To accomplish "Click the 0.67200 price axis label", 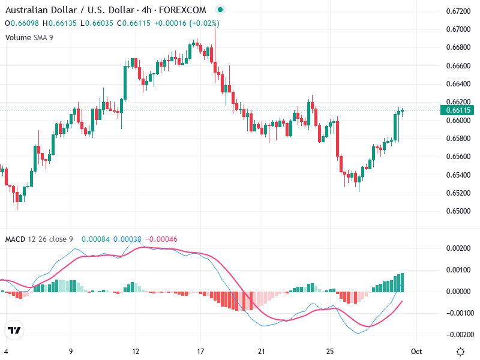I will point(457,11).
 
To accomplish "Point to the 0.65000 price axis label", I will point(457,211).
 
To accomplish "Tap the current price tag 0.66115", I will point(457,110).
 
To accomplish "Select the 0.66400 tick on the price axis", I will point(457,83).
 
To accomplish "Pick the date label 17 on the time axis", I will point(201,351).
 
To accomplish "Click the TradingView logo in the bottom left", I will point(14,331).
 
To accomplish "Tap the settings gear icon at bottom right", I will point(460,352).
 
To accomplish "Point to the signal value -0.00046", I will point(161,239).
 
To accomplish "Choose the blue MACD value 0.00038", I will point(127,239).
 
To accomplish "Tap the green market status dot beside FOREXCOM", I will point(220,10).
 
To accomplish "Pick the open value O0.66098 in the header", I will point(23,23).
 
